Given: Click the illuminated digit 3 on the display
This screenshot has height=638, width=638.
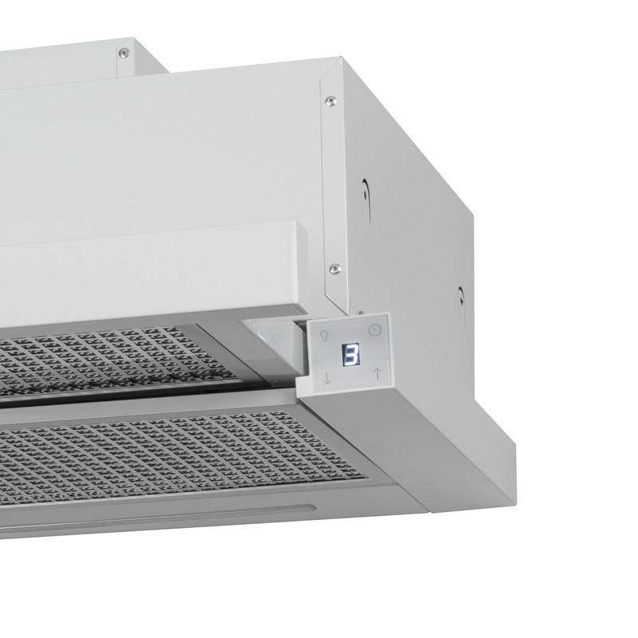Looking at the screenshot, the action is point(351,354).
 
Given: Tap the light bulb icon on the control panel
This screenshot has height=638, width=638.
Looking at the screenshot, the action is point(325,335).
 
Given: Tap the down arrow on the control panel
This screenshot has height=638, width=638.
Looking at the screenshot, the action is point(327,378).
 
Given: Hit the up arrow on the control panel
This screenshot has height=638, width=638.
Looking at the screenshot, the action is point(377,373).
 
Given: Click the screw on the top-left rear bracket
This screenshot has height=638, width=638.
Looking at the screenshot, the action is point(124,52).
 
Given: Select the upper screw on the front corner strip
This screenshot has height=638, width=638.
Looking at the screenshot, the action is point(331,100).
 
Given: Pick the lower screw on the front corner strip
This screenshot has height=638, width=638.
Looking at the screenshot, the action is point(335,268).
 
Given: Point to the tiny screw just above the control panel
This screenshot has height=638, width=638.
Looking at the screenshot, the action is point(360,313).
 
